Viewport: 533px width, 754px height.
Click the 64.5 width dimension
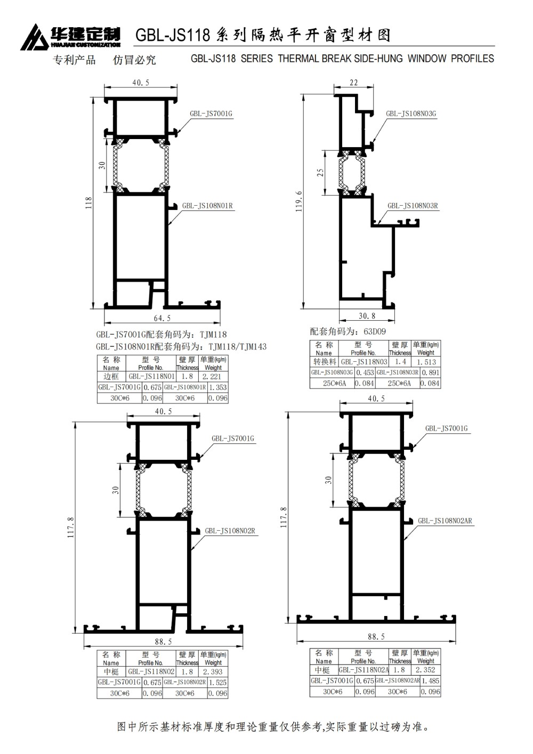coord(162,318)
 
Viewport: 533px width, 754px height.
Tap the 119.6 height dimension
coord(299,201)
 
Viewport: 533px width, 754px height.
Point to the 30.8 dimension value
coord(367,316)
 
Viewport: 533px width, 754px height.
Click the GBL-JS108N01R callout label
coord(207,206)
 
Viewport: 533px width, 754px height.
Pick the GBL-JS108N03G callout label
coord(411,113)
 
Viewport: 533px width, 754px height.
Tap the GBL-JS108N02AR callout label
coord(445,521)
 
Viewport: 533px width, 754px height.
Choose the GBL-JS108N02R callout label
coord(230,531)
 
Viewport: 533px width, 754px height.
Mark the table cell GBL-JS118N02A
coord(364,670)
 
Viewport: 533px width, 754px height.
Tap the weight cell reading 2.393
coord(213,672)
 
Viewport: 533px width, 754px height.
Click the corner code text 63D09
coord(375,331)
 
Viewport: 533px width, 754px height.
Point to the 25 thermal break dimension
coord(320,173)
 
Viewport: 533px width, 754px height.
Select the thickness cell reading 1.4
coord(400,362)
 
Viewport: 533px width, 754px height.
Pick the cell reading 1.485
coord(431,680)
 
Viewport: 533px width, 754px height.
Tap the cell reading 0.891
coord(431,372)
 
